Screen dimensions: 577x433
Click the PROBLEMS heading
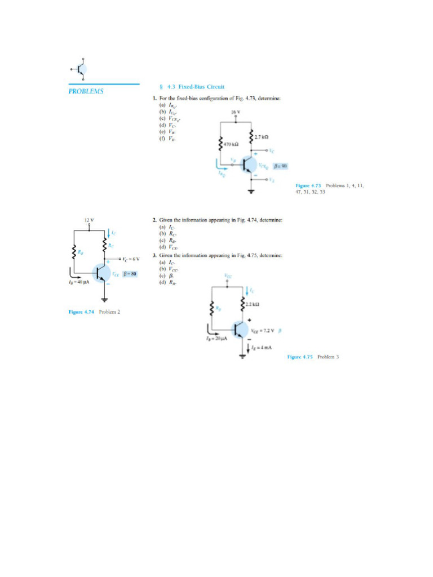pos(85,91)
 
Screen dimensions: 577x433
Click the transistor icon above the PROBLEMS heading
pos(81,69)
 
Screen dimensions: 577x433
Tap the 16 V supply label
pos(236,112)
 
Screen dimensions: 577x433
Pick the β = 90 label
pos(280,166)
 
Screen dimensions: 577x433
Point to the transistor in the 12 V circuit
pos(102,274)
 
